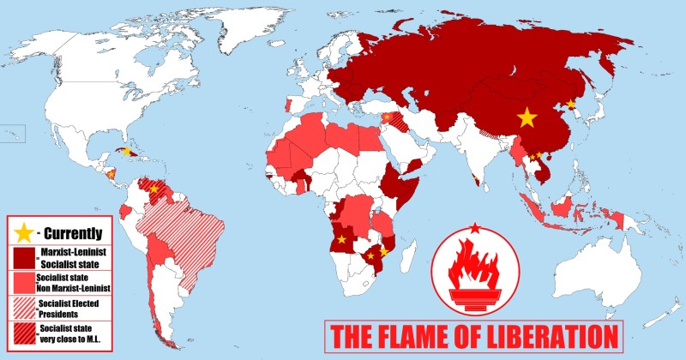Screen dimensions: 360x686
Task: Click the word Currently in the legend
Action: pos(75,232)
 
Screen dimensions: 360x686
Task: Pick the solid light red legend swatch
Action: pos(24,282)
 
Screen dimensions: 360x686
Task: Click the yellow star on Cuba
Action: pos(127,151)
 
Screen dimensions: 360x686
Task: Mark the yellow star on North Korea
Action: pos(571,104)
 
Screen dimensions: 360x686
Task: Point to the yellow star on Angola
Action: pos(342,239)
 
